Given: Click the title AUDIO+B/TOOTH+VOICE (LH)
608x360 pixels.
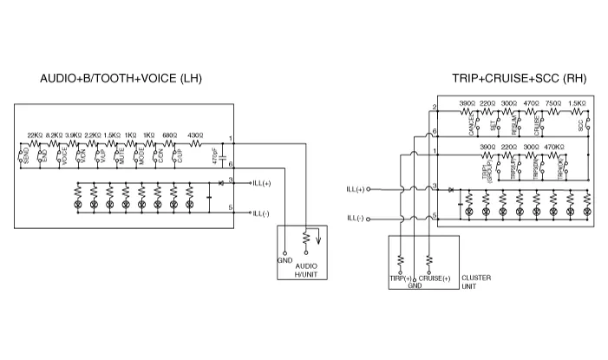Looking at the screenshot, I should tap(121, 80).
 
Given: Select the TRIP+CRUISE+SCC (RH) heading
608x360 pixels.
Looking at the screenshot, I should tap(519, 79).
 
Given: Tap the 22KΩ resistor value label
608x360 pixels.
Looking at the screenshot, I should tap(35, 135).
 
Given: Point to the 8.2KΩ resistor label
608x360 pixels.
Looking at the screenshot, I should tap(54, 135).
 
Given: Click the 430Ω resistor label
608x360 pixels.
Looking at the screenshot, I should tap(195, 135).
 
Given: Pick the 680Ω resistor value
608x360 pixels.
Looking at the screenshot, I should tap(170, 135).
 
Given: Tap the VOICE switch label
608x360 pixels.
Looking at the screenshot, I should tap(63, 156).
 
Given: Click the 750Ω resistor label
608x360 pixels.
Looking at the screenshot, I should tap(552, 103).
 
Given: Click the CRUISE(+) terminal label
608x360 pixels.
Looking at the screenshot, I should tap(435, 278).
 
